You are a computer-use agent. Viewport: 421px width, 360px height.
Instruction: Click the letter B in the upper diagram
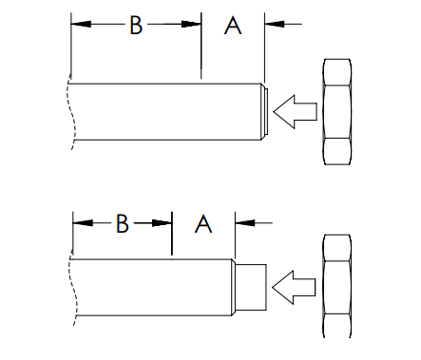click(x=136, y=25)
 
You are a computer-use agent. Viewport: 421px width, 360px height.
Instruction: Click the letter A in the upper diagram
click(x=233, y=26)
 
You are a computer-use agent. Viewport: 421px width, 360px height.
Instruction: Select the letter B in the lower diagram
click(x=123, y=224)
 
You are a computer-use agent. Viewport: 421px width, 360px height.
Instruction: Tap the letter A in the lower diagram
click(x=203, y=224)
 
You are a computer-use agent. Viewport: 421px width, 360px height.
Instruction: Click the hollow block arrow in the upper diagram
click(x=295, y=112)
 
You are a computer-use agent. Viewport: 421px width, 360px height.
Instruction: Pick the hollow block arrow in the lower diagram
click(x=294, y=288)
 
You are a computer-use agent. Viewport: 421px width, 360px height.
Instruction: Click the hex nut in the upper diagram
click(x=337, y=112)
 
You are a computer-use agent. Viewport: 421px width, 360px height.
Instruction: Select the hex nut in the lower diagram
click(x=337, y=286)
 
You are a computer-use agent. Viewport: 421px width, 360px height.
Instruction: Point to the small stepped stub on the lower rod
click(x=251, y=287)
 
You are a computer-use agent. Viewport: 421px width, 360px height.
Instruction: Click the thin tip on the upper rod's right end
click(x=266, y=111)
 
